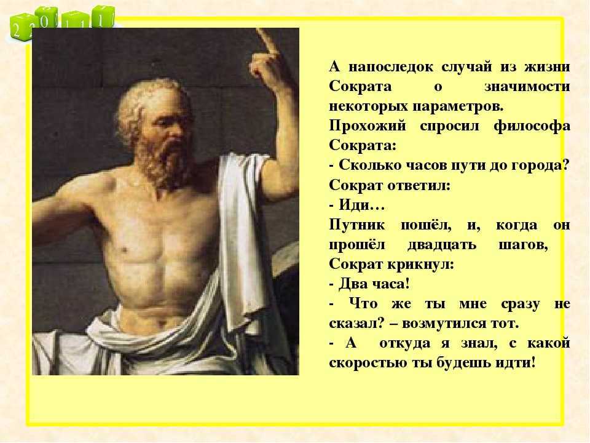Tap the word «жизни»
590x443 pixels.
547,67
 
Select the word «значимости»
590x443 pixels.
527,87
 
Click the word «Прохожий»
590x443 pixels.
368,126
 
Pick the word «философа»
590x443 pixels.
532,126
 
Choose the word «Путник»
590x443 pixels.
356,225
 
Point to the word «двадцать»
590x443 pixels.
442,245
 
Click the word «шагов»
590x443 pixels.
522,245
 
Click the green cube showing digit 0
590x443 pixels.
46,20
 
